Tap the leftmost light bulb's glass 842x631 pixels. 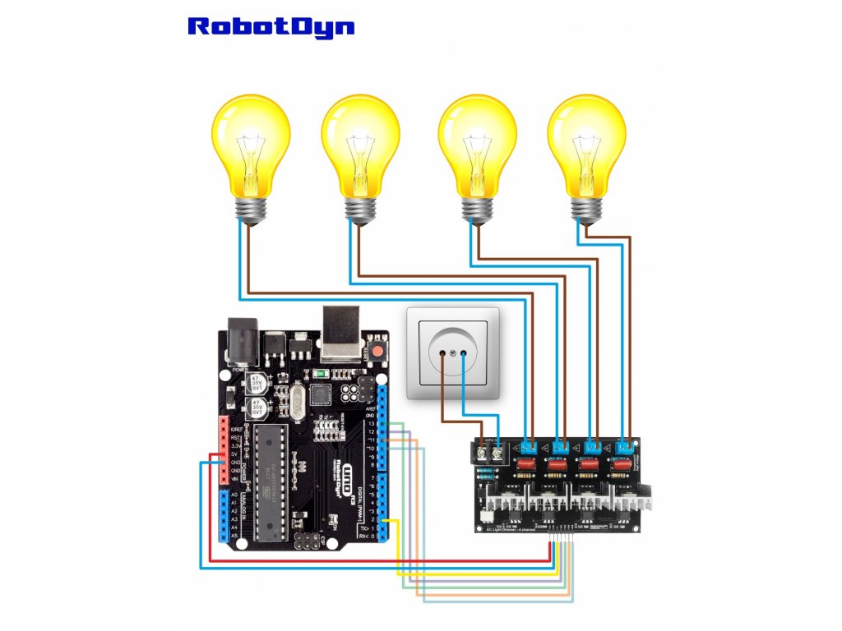click(251, 144)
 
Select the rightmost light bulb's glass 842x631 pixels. click(586, 144)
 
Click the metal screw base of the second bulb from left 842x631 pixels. click(360, 210)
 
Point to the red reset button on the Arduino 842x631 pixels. click(379, 352)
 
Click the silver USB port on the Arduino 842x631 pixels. click(342, 332)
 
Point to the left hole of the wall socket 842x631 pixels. click(444, 353)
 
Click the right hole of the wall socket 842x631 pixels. click(464, 353)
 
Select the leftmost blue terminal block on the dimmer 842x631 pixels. click(528, 447)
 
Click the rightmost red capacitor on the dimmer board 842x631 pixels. click(619, 466)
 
